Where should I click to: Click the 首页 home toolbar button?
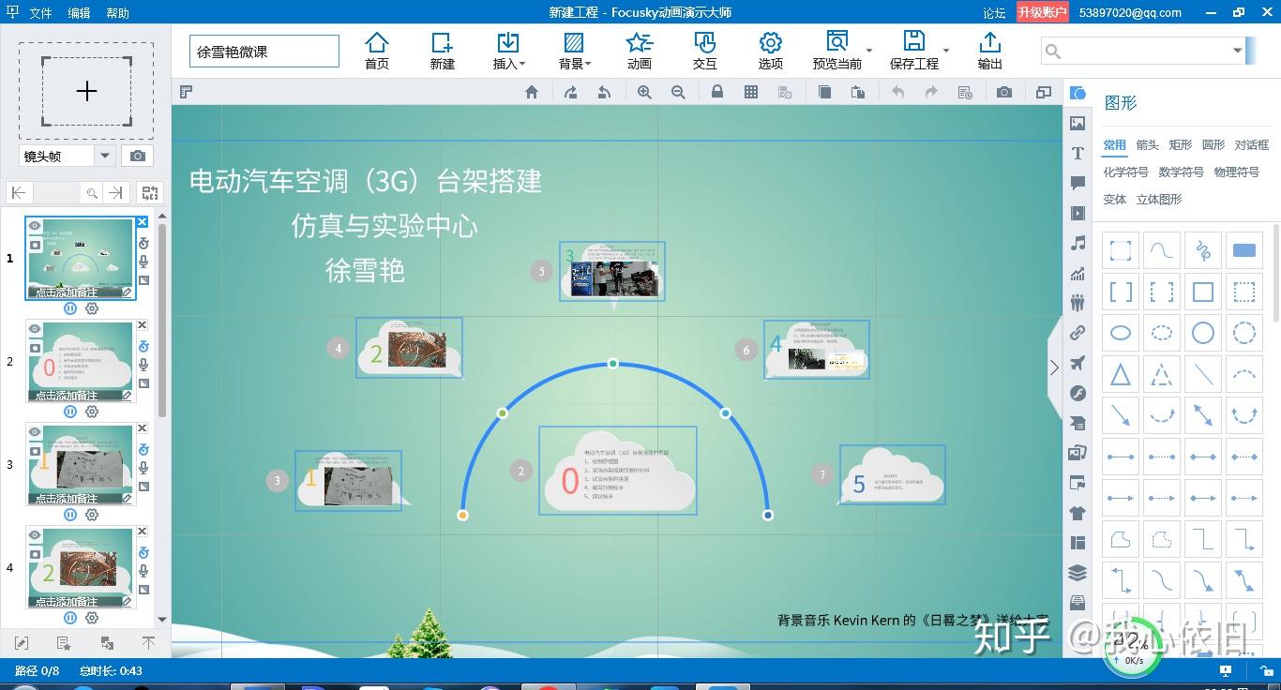tap(377, 51)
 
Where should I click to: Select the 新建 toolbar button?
tap(442, 51)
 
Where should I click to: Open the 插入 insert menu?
tap(508, 51)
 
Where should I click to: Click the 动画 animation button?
tap(640, 51)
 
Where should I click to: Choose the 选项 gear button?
tap(770, 51)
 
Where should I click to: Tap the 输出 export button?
tap(989, 51)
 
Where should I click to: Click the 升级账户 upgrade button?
tap(1043, 12)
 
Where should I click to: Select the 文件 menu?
tap(40, 13)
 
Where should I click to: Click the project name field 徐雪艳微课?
tap(264, 52)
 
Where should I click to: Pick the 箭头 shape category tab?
tap(1147, 145)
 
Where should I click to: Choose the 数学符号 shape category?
tap(1181, 172)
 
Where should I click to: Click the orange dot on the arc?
tap(462, 515)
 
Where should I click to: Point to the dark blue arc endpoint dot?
tap(768, 515)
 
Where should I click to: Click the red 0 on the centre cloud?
tap(569, 482)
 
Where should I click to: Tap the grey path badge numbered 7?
tap(822, 474)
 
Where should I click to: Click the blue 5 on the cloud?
tap(859, 484)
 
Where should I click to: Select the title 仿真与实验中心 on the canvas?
tap(384, 226)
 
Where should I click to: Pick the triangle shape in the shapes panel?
tap(1120, 374)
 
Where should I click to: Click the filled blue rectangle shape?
tap(1243, 250)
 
